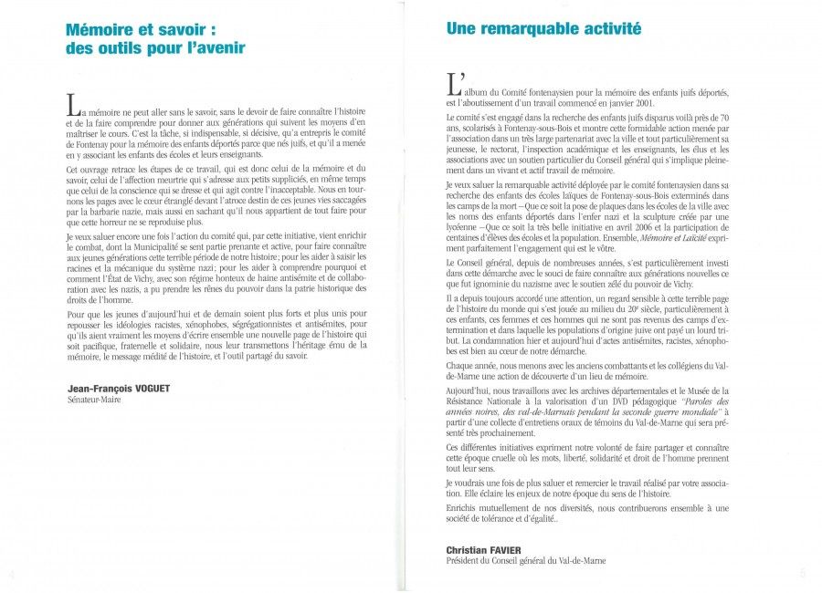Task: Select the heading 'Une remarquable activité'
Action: [543, 28]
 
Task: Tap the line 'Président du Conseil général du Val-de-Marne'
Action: [525, 561]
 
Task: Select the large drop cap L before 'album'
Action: [452, 86]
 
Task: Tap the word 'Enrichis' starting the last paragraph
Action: [462, 507]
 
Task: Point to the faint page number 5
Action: [803, 574]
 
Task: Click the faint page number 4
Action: [12, 576]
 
